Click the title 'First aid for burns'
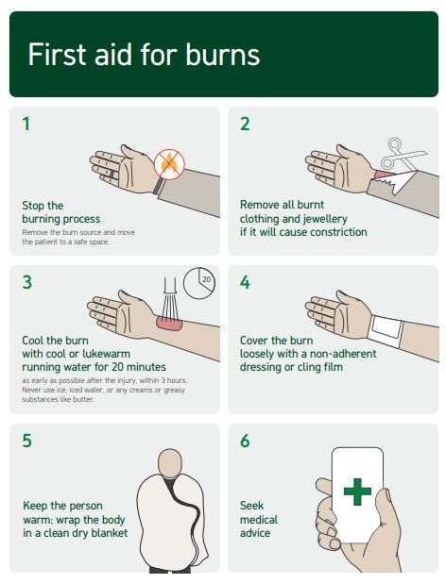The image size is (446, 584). pos(144,55)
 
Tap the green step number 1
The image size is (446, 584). pos(26,124)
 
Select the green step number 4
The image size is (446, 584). pos(245,282)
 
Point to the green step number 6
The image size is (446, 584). pos(245,441)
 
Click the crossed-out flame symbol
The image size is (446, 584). pos(169,164)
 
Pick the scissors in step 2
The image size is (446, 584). pos(400,154)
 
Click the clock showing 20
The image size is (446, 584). pos(199,283)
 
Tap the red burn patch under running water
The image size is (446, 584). pos(169,323)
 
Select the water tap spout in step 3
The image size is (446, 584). pos(170,285)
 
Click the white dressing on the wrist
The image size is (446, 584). pos(386,329)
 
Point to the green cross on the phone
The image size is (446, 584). pos(357,492)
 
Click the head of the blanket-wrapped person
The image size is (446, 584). pos(170,463)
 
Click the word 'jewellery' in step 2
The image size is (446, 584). pos(325,219)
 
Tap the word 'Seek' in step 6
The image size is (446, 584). pos(251,506)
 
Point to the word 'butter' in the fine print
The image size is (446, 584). pos(84,399)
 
